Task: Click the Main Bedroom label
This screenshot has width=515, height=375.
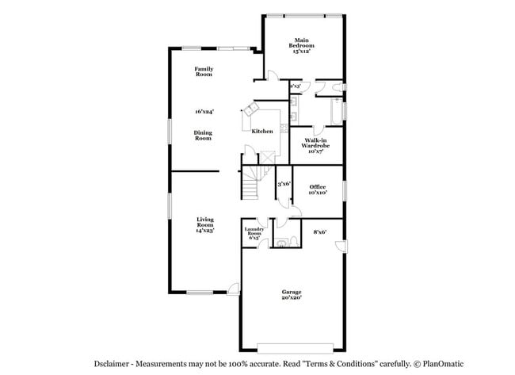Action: [x=301, y=45]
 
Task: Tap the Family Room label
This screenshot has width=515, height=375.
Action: [x=204, y=72]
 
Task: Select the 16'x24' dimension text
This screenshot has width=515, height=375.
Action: [x=204, y=112]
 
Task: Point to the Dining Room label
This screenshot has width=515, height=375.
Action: [x=204, y=135]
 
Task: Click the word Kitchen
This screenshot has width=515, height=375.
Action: [x=262, y=132]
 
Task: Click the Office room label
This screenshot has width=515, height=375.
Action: [x=317, y=189]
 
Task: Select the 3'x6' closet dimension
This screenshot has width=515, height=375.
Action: [x=284, y=184]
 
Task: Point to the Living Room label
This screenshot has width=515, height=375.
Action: [x=206, y=225]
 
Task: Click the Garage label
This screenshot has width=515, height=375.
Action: [x=291, y=294]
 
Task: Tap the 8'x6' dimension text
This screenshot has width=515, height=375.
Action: [x=320, y=232]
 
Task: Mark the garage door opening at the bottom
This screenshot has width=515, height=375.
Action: [x=291, y=347]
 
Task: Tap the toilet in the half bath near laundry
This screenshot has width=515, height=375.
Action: [x=294, y=240]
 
